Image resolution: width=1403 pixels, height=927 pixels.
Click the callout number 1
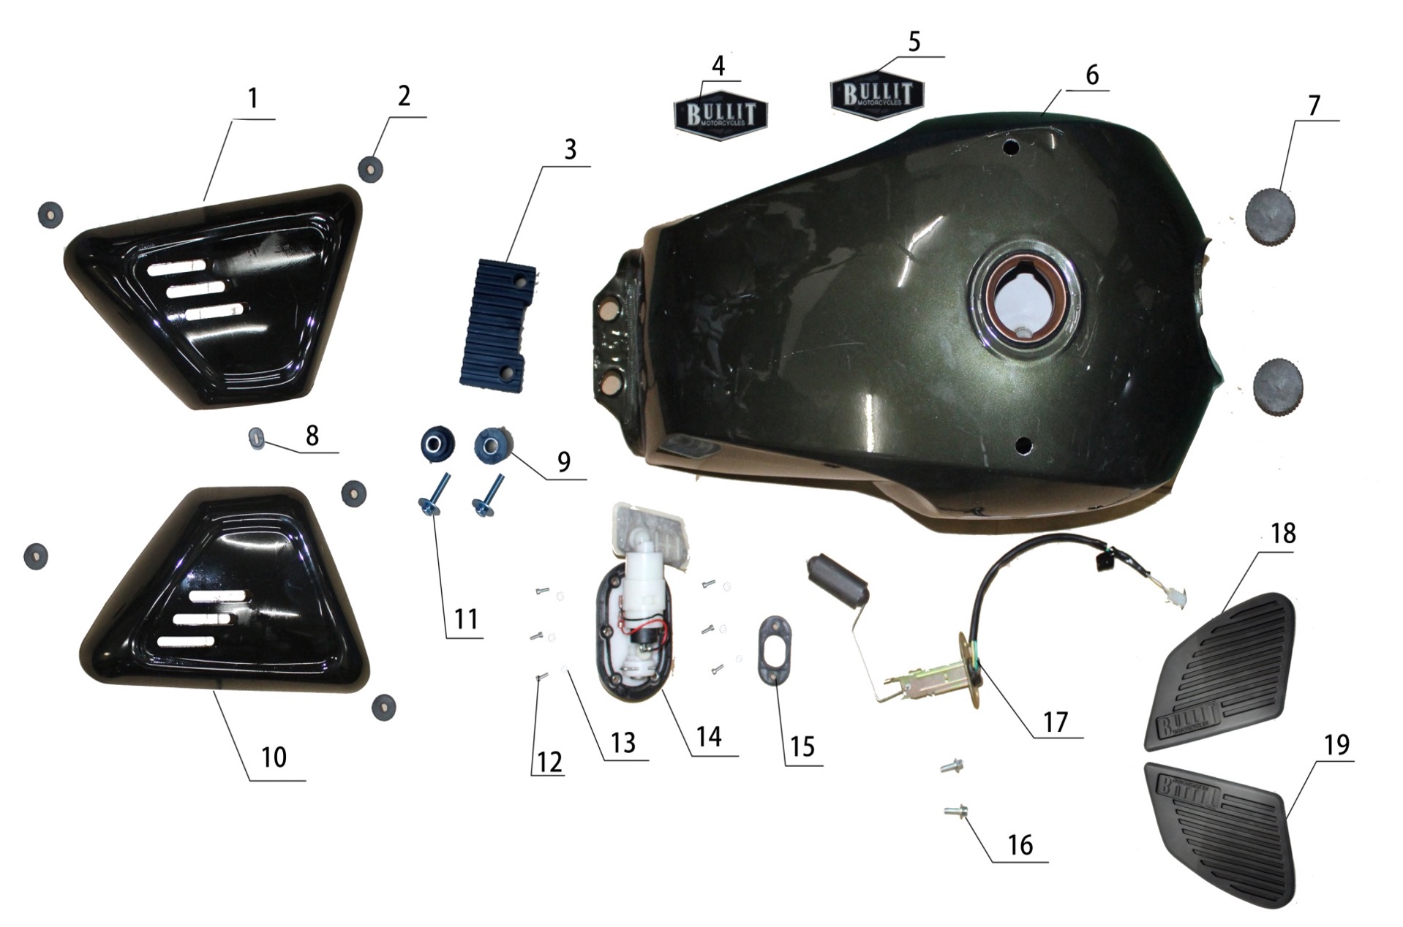pos(253,99)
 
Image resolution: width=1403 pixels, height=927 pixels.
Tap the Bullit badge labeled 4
pos(720,115)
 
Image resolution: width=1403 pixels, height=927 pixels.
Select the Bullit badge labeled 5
pos(877,94)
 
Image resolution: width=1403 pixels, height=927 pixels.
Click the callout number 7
pos(1314,106)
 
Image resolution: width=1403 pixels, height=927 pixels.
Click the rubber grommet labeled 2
pos(371,169)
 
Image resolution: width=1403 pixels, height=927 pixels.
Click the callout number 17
pos(1055,722)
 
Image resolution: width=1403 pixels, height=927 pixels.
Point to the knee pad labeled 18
pos(1218,670)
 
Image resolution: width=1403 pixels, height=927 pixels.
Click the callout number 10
pos(274,757)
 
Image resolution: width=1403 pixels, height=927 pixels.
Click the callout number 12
pos(549,762)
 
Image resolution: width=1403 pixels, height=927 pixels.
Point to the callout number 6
pos(1092,75)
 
